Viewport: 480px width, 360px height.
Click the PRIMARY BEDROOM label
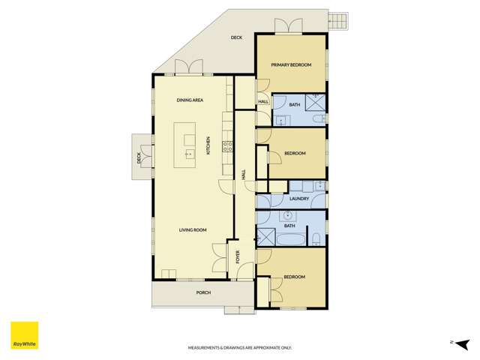291,65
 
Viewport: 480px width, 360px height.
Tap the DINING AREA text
190,100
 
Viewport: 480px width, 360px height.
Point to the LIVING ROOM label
193,230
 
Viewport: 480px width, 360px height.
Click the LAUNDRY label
289,199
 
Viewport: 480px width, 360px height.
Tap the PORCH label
202,292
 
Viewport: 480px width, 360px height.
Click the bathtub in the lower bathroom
290,240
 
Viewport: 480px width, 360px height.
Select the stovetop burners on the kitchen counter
228,145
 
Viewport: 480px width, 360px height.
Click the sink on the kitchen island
189,153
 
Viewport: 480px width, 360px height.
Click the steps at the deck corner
338,20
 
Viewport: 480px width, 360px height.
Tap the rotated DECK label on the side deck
139,158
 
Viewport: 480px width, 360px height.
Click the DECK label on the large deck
237,37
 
